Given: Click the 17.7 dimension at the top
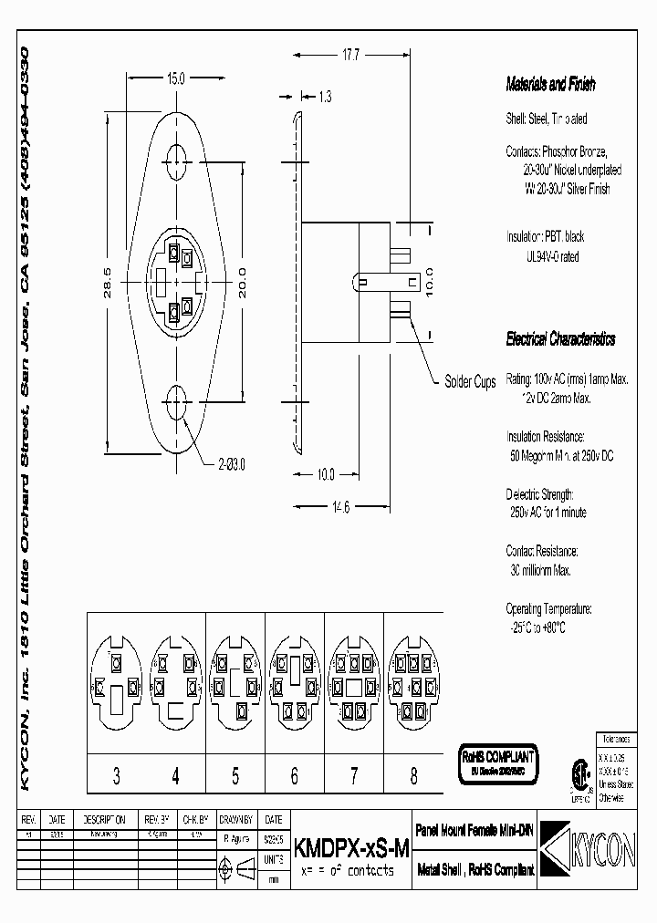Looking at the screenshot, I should [x=350, y=56].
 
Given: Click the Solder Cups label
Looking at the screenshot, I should [x=470, y=382].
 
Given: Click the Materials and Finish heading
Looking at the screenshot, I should [x=550, y=85].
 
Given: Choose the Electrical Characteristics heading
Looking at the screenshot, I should [x=560, y=339].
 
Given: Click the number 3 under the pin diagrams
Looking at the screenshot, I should [x=116, y=776].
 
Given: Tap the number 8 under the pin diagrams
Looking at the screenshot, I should [x=413, y=776].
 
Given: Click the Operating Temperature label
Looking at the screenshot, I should [x=548, y=608].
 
